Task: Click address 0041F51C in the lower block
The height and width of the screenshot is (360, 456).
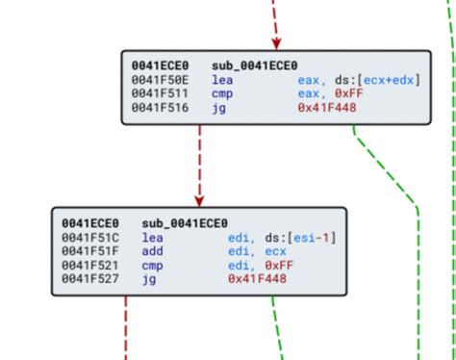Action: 89,238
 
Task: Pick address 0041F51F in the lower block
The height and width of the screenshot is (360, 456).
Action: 89,251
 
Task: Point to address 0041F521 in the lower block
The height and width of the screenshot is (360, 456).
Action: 89,265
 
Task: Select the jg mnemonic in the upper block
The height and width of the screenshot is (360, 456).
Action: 218,109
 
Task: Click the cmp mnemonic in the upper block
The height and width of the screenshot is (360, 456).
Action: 222,94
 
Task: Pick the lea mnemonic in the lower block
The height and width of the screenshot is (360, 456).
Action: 152,238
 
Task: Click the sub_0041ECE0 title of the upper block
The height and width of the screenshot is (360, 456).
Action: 255,65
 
